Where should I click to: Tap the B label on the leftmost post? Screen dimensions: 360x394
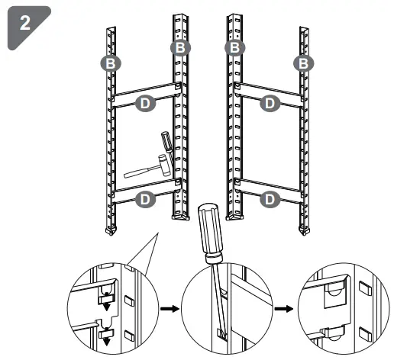111,63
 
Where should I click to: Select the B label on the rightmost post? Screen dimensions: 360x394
304,63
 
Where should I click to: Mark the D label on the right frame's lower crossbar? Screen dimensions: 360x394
269,199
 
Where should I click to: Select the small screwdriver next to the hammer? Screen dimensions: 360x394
164,142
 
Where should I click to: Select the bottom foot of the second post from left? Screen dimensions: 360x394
180,216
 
